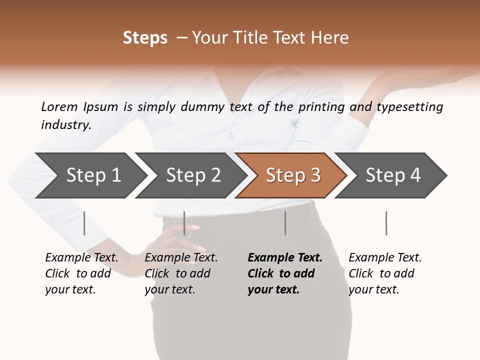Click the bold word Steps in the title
coord(145,38)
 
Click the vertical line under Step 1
coord(84,223)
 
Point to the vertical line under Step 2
coord(184,223)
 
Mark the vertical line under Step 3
coord(285,223)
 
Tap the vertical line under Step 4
coord(386,223)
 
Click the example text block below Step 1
coord(81,273)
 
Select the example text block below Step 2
coord(181,273)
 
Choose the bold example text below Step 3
coord(285,273)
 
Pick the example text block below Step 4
coord(385,273)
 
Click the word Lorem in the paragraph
coord(59,106)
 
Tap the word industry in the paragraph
coord(66,125)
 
